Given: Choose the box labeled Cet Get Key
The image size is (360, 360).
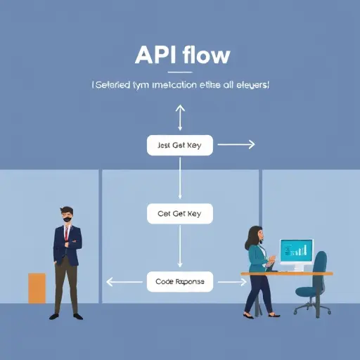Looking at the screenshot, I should point(180,213).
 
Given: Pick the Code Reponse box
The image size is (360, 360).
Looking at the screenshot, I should point(180,281).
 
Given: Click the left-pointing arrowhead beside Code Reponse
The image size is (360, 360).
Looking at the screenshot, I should point(109,281).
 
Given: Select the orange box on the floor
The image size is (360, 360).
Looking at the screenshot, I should point(37,288).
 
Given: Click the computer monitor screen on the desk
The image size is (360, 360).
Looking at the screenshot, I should point(296,250).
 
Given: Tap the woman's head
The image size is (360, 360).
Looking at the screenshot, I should point(256,235).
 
